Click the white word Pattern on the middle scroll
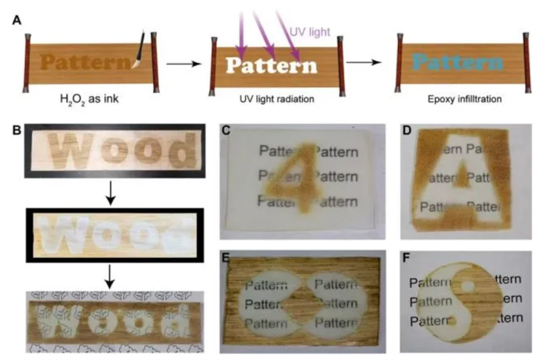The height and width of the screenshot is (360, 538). point(271,66)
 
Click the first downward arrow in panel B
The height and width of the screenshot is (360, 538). point(108,192)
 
